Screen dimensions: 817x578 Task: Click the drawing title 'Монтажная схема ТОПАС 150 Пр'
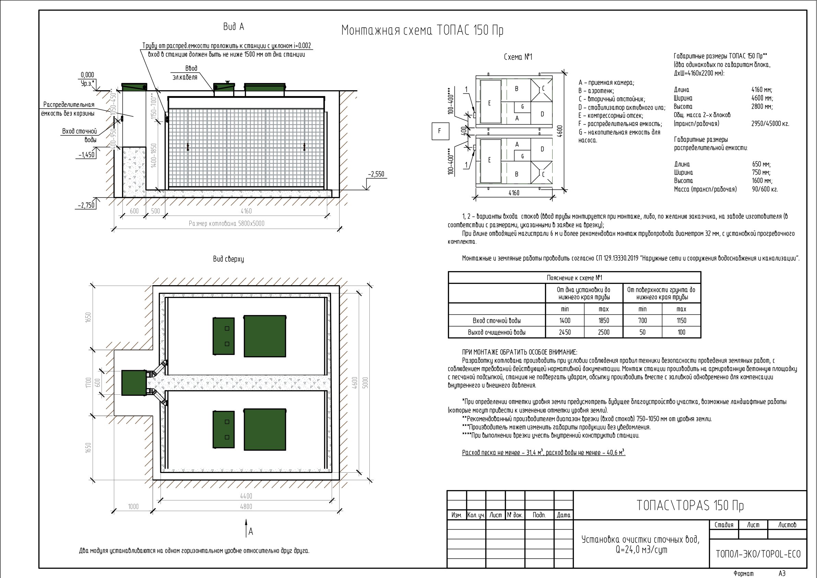(x=422, y=30)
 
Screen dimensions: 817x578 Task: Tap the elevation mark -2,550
(x=376, y=174)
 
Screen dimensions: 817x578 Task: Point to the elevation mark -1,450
(x=87, y=155)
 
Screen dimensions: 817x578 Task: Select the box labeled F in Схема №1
(x=439, y=131)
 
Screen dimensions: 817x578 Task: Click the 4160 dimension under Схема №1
(x=514, y=193)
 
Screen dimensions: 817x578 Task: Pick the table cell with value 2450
(x=565, y=332)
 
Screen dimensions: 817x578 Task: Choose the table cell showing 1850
(x=604, y=321)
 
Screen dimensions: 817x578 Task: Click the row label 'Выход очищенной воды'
(x=497, y=332)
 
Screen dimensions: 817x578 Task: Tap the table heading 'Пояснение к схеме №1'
(x=574, y=278)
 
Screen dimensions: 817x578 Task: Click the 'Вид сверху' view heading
(x=228, y=259)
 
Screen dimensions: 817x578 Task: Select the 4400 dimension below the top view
(x=246, y=496)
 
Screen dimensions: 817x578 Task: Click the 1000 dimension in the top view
(x=133, y=506)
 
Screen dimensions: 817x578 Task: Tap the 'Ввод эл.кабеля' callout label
(x=185, y=73)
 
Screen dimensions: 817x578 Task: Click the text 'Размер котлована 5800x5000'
(x=226, y=224)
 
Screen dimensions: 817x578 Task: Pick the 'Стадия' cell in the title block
(x=724, y=525)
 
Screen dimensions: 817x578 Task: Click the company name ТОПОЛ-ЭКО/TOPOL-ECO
(x=758, y=554)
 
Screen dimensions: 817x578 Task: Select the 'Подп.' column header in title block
(x=540, y=515)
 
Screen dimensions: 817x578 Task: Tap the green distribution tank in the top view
(x=134, y=383)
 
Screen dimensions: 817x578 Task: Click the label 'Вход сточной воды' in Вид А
(x=80, y=135)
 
